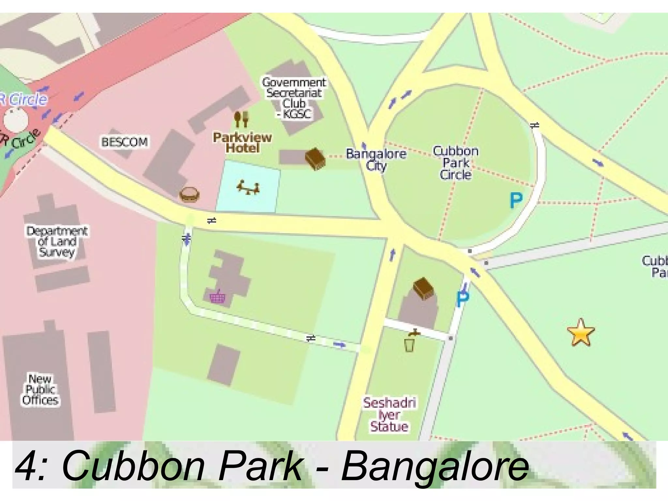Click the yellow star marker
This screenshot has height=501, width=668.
(x=581, y=332)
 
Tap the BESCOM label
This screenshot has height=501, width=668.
(x=124, y=142)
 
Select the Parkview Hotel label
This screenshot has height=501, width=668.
(x=242, y=143)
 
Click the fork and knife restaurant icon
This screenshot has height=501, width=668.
(x=241, y=119)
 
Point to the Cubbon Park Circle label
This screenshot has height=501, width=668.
(x=456, y=163)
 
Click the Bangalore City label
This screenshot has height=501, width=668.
(x=376, y=159)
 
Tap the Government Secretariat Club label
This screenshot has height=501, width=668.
(x=294, y=98)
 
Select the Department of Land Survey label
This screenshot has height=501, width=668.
(x=57, y=242)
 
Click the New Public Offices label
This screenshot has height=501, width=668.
(x=40, y=389)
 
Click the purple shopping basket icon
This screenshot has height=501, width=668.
(x=217, y=297)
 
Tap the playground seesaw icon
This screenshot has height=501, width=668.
(x=248, y=187)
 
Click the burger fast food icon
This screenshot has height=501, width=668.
(x=189, y=195)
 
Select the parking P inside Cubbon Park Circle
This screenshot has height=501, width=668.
(x=516, y=200)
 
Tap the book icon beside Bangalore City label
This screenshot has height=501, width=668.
(x=315, y=159)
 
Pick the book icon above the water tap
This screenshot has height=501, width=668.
(x=423, y=288)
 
